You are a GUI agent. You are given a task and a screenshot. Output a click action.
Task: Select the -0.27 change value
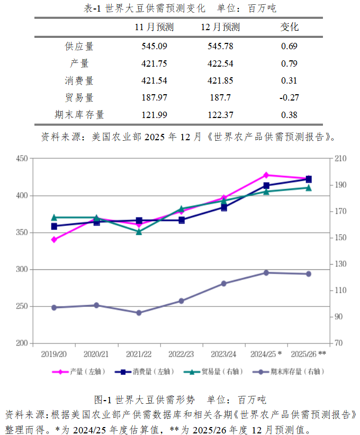point(289,97)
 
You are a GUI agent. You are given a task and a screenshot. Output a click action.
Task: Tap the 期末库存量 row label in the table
point(79,115)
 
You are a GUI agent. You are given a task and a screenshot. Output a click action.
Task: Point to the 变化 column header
point(289,27)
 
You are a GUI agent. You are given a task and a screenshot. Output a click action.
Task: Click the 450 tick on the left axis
point(21,158)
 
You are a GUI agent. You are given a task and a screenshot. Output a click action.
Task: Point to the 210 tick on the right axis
point(340,158)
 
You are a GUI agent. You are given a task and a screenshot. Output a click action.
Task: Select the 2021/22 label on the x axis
point(139,353)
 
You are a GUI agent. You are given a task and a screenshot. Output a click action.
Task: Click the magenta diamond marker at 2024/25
point(266,175)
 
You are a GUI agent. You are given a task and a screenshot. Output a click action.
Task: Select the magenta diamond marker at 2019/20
point(54,240)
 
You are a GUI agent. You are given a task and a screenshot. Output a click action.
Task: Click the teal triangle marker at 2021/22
point(139,231)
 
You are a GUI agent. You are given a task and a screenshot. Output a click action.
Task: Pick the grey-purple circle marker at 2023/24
point(223,284)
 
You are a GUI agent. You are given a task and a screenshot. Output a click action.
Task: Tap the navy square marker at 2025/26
point(309,179)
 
